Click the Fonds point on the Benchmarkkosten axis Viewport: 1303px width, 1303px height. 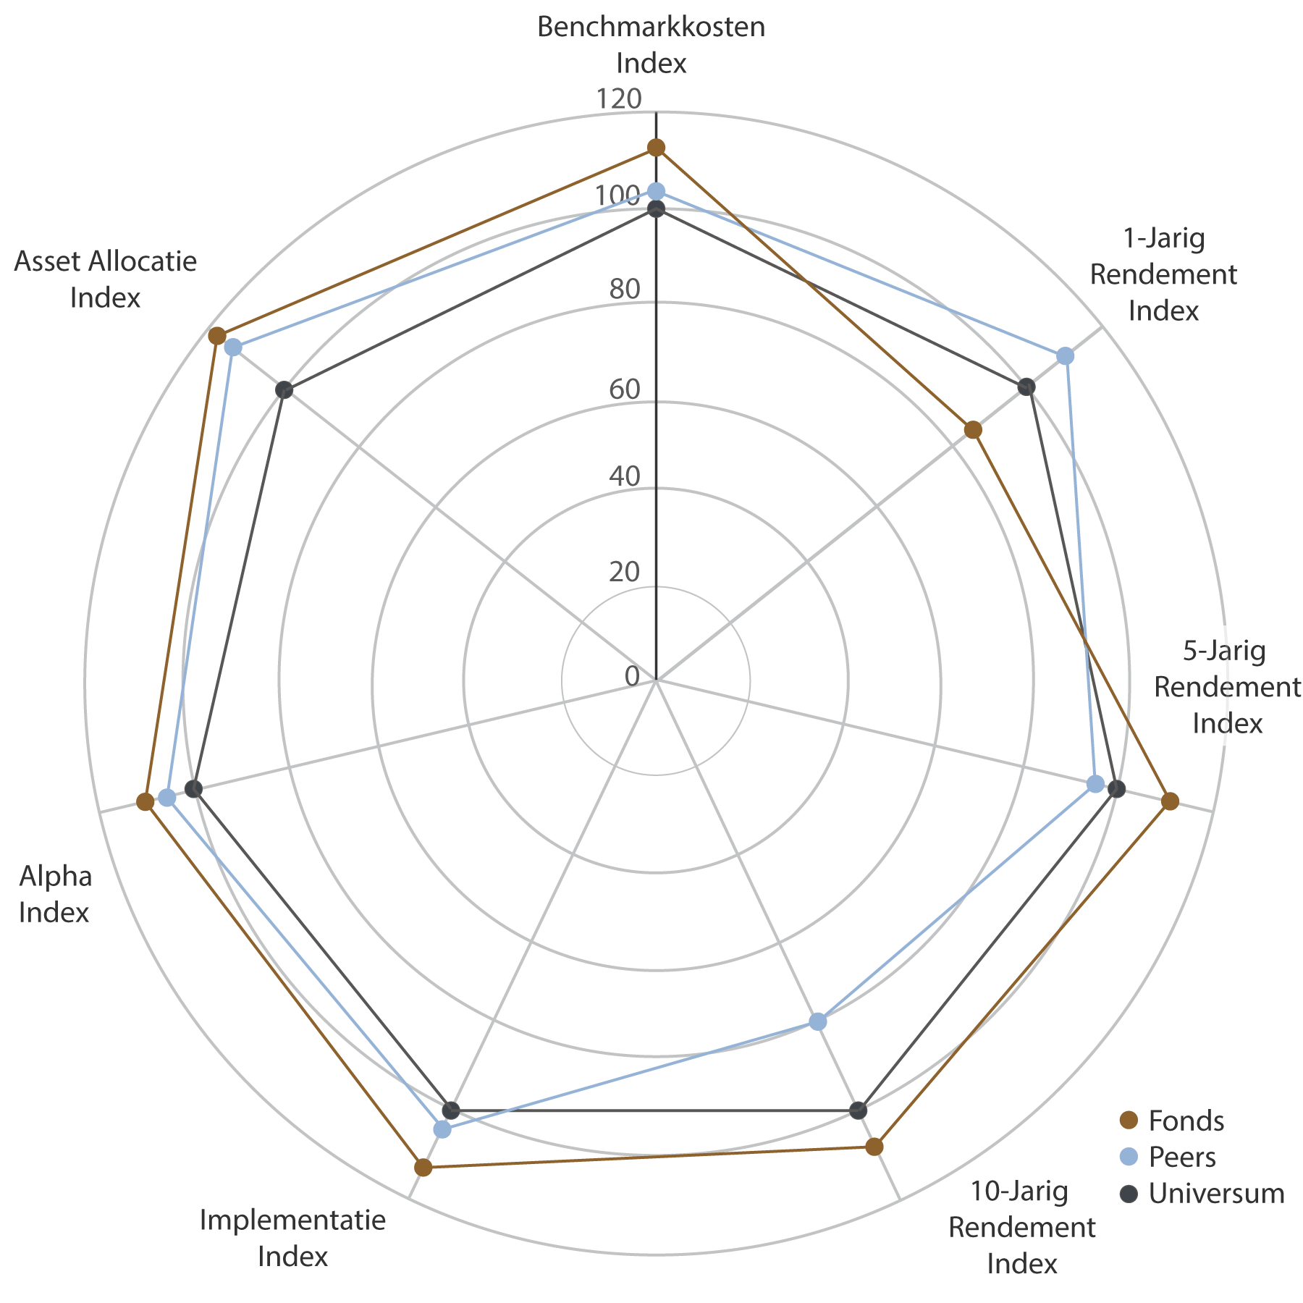point(656,148)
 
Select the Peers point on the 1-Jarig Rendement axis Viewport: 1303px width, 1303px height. point(1065,355)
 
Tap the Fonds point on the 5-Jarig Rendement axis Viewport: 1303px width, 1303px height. point(1170,801)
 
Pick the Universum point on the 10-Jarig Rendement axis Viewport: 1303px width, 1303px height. point(859,1110)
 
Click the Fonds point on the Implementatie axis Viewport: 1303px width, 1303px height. point(423,1168)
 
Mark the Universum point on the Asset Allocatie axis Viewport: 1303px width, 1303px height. point(284,390)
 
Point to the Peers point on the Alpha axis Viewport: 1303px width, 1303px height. point(167,798)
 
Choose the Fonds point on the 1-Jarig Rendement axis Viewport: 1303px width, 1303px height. point(974,430)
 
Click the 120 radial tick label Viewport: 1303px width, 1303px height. point(619,99)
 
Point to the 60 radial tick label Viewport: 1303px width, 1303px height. point(625,389)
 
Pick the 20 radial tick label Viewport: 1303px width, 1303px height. point(624,573)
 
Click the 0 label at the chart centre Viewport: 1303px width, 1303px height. point(632,676)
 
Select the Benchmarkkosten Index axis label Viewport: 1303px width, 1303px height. point(651,45)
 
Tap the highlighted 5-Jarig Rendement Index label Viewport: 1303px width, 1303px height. point(1227,686)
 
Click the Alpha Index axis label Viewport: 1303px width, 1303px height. point(55,894)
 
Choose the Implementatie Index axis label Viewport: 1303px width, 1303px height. point(292,1238)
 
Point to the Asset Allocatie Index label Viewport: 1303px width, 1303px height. point(106,279)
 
